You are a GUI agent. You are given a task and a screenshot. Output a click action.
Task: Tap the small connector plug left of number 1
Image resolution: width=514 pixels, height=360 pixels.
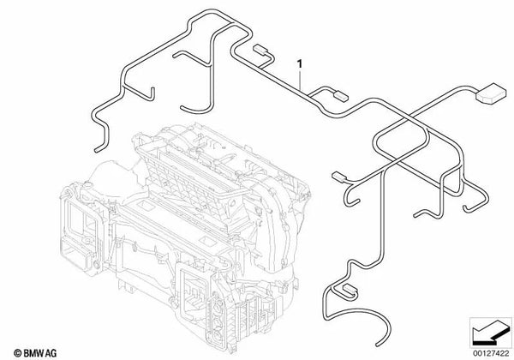pyautogui.click(x=260, y=53)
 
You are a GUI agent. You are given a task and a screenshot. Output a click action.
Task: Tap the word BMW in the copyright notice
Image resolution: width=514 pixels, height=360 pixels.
pyautogui.click(x=26, y=352)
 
